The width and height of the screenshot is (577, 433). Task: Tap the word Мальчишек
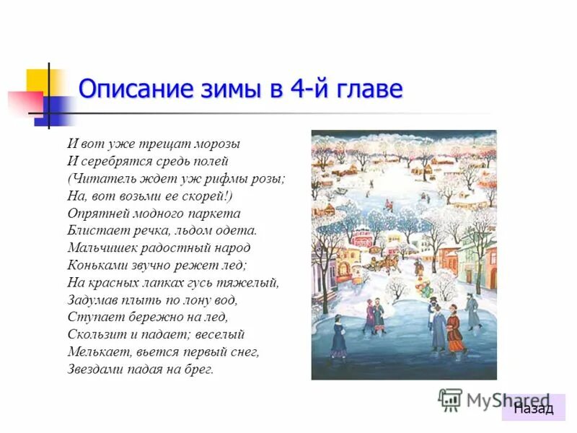[x=101, y=248]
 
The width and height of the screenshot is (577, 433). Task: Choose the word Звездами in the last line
[x=93, y=369]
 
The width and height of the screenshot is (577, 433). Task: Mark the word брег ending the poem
[x=199, y=369]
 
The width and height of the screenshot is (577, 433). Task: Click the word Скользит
[x=95, y=335]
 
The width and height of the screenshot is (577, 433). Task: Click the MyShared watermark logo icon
[x=450, y=399]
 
